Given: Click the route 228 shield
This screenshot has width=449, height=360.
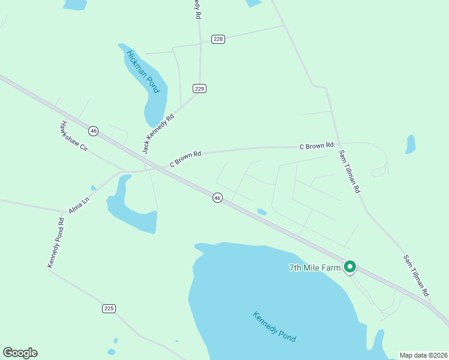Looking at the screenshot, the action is click(x=218, y=39).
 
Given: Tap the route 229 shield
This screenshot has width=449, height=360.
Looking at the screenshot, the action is click(x=200, y=88).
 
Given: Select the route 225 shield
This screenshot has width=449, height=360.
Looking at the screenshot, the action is click(x=108, y=308).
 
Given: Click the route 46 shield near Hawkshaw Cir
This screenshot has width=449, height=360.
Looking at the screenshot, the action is click(x=93, y=130).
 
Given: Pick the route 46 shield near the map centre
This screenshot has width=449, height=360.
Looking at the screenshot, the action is click(x=217, y=197).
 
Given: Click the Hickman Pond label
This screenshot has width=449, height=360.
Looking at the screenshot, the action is click(x=142, y=72).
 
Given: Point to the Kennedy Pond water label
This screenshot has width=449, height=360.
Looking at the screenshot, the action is click(x=274, y=326).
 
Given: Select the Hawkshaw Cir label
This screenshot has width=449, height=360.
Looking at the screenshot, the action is click(x=74, y=139).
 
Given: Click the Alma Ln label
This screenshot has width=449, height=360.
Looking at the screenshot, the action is click(x=77, y=202).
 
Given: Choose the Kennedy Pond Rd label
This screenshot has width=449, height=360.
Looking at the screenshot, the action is click(x=56, y=243).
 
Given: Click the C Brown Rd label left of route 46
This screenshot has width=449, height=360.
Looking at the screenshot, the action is click(x=185, y=158).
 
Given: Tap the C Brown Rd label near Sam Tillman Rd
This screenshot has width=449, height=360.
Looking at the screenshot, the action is click(x=316, y=146).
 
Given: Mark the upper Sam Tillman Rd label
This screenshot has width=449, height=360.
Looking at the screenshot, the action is click(x=349, y=172).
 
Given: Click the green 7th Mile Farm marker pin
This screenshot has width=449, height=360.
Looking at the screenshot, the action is click(x=350, y=267).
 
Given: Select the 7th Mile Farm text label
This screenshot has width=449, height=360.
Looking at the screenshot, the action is click(x=315, y=267).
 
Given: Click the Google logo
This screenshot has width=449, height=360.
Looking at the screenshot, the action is click(x=20, y=353).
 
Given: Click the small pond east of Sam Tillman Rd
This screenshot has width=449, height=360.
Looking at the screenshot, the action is click(x=411, y=144).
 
